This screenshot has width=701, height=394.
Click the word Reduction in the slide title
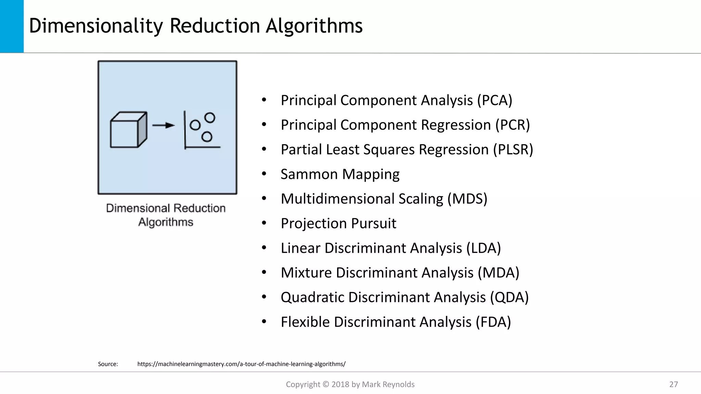(x=215, y=26)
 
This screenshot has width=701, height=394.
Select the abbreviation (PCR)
(x=512, y=125)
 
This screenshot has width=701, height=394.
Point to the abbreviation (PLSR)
(x=513, y=149)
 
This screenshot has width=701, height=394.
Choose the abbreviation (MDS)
(x=467, y=199)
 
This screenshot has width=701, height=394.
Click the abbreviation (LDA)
(x=483, y=248)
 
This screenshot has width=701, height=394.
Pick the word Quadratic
(x=312, y=297)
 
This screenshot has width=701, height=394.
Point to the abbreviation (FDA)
(x=493, y=322)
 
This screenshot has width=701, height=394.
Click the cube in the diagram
(x=128, y=130)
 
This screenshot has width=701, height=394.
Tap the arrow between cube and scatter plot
(x=163, y=126)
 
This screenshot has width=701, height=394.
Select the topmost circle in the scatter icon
(x=209, y=118)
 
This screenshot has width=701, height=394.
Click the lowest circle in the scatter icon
(x=207, y=137)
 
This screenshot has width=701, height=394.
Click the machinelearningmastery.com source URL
(x=241, y=364)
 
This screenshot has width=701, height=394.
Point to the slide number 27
(x=673, y=384)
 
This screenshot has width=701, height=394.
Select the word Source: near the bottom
(x=108, y=364)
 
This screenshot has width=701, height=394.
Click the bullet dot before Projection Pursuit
(x=264, y=223)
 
